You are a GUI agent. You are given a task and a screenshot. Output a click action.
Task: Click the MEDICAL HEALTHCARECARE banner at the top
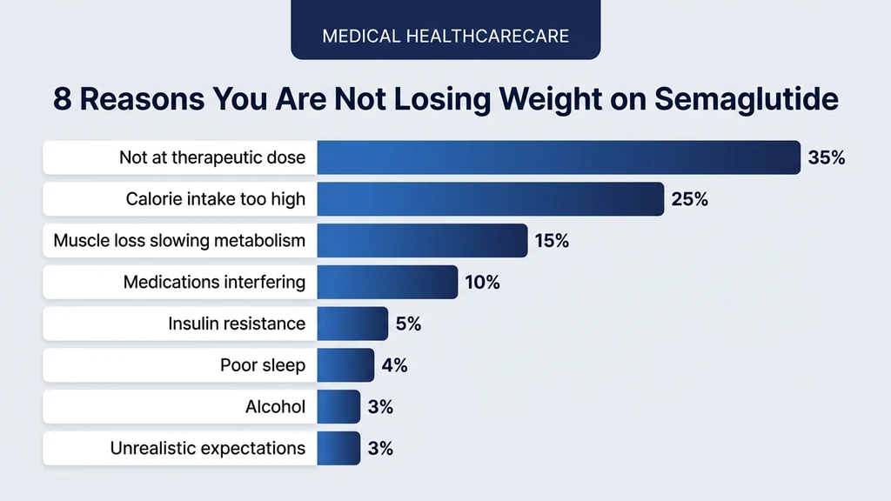(x=445, y=37)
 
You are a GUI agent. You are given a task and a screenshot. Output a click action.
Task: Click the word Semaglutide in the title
(x=746, y=99)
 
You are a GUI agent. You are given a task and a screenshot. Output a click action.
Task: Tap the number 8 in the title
(x=61, y=99)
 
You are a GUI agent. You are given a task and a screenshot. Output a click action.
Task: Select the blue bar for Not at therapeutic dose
(x=558, y=157)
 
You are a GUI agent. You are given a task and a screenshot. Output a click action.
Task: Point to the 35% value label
(x=826, y=158)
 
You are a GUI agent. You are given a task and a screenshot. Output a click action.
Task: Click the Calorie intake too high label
(x=215, y=199)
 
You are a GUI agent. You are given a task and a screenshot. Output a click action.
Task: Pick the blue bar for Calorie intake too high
(x=490, y=199)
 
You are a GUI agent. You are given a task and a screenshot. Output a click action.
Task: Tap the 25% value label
(x=689, y=199)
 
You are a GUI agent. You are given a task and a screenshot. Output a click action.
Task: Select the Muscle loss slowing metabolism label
(x=179, y=240)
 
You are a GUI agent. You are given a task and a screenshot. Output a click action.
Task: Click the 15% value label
(x=552, y=241)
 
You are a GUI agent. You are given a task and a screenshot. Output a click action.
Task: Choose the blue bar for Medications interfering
(x=387, y=282)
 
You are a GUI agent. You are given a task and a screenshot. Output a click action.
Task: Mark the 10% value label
(x=482, y=282)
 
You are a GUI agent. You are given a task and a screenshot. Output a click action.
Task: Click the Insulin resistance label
(x=237, y=324)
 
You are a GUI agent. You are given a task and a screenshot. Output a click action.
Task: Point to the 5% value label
(x=408, y=324)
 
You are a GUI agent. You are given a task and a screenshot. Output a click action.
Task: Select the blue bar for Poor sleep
(x=345, y=365)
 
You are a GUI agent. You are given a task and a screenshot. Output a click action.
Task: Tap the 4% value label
(x=394, y=365)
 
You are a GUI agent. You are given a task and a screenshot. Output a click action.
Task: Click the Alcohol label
(x=276, y=406)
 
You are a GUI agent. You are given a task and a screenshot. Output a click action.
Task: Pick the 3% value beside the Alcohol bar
(x=380, y=406)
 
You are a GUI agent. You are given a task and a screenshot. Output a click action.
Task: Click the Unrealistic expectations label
(x=207, y=448)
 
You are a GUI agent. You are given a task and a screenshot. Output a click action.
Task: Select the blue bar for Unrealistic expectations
(x=338, y=448)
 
